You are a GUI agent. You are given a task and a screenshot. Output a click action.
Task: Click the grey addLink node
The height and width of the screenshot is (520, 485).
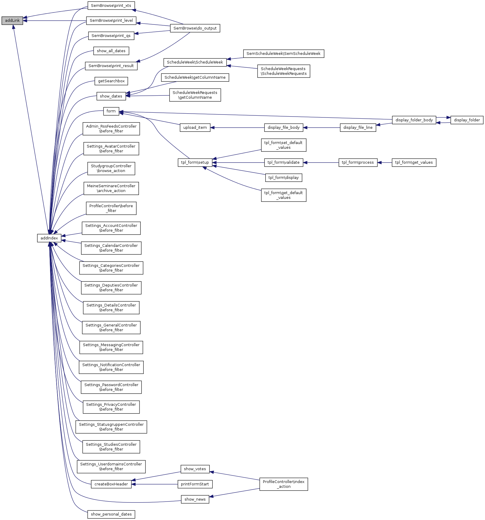tap(12, 21)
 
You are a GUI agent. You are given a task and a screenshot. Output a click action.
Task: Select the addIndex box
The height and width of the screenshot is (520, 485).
tap(49, 238)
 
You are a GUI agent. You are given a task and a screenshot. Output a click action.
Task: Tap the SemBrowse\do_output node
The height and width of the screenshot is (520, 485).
tap(195, 28)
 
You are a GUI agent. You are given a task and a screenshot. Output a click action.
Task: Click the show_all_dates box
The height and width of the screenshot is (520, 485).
tap(111, 51)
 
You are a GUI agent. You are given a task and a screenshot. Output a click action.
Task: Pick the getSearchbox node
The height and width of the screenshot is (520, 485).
tap(111, 81)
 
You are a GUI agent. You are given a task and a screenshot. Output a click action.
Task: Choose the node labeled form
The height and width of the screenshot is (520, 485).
tap(111, 111)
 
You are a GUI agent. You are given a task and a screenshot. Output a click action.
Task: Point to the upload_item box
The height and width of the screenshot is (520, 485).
tap(195, 128)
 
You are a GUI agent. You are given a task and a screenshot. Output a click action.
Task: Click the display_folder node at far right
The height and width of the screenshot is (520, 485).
tap(467, 120)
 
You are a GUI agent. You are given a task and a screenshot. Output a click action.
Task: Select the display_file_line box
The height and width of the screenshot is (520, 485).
tap(358, 128)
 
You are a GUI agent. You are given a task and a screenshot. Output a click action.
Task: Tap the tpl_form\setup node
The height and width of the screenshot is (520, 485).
tap(195, 162)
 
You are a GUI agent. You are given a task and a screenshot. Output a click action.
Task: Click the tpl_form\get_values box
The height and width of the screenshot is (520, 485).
tap(414, 162)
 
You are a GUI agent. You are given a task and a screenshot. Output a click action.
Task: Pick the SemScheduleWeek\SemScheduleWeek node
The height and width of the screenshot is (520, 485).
tap(283, 54)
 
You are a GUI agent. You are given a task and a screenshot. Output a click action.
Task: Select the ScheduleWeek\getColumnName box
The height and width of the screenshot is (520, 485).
tap(195, 78)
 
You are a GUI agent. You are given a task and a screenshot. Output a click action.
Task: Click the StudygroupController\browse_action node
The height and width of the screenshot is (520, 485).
tap(111, 168)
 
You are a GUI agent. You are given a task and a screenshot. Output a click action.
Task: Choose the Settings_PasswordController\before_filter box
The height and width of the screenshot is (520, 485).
tap(111, 387)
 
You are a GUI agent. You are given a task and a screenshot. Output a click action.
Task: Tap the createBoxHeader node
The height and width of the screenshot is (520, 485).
tap(111, 484)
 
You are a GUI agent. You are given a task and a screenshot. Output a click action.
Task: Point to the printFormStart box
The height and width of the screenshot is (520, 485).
tap(195, 484)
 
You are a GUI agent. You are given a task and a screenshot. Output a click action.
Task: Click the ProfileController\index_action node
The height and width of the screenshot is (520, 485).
tap(283, 484)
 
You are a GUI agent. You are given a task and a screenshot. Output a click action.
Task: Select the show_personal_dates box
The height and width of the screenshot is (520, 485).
tap(111, 514)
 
